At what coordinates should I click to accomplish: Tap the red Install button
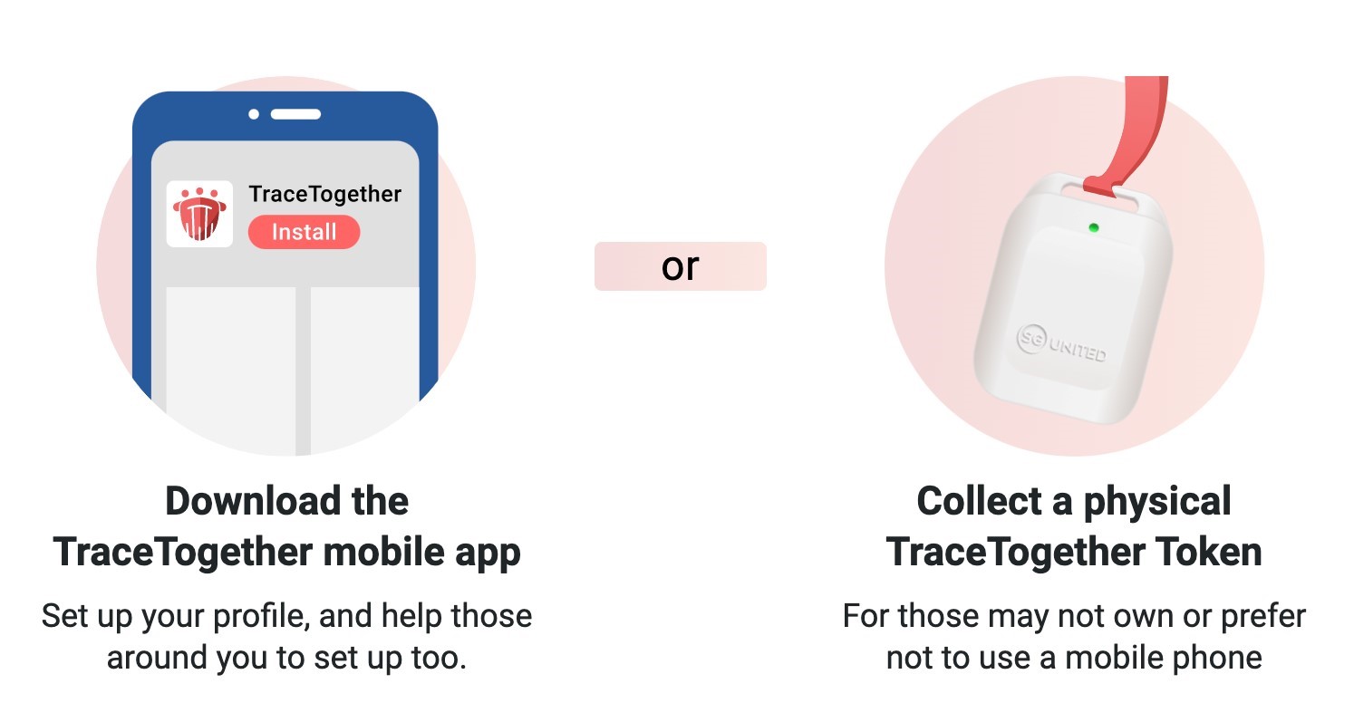(304, 232)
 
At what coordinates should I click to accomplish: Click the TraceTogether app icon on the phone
(199, 214)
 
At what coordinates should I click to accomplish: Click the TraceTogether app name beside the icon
(325, 194)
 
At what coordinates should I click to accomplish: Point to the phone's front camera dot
(254, 114)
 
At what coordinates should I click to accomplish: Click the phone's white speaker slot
(295, 114)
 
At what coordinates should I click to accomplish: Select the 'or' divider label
(681, 266)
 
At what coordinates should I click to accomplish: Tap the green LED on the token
(1094, 228)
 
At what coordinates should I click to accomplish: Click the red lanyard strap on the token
(1130, 136)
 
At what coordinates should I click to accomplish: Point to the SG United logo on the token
(1062, 344)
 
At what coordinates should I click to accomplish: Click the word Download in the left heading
(253, 501)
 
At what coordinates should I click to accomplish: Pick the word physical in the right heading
(1157, 502)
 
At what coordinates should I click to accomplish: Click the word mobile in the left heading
(384, 552)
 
